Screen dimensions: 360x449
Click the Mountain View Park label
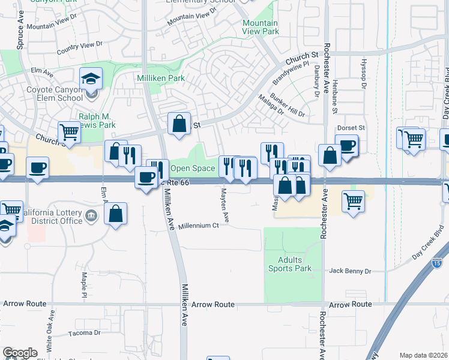coord(261,27)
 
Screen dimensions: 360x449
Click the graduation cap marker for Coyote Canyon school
coord(91,79)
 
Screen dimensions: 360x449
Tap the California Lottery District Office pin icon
coord(91,215)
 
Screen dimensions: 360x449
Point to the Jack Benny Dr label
coord(351,271)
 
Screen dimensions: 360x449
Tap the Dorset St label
coord(352,128)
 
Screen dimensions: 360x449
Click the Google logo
coord(20,353)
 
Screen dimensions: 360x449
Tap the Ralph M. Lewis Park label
coord(96,121)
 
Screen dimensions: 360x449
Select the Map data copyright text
coord(424,355)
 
